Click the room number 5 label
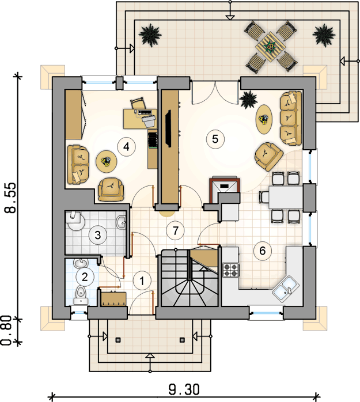click(x=215, y=139)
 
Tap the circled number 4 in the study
click(x=126, y=147)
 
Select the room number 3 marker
click(x=98, y=235)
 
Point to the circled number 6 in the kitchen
click(x=263, y=251)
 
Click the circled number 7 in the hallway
click(x=175, y=230)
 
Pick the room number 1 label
click(x=142, y=281)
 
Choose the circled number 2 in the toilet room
click(x=85, y=276)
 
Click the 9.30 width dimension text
click(x=184, y=390)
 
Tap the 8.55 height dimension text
click(x=11, y=198)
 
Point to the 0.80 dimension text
click(x=7, y=330)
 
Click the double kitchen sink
click(x=286, y=289)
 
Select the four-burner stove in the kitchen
click(x=230, y=270)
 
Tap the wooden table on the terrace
click(x=271, y=47)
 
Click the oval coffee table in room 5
click(x=264, y=119)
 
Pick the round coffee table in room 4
click(x=106, y=161)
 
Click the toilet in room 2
click(x=81, y=295)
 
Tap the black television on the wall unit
click(x=168, y=128)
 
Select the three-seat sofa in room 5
click(x=290, y=118)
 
